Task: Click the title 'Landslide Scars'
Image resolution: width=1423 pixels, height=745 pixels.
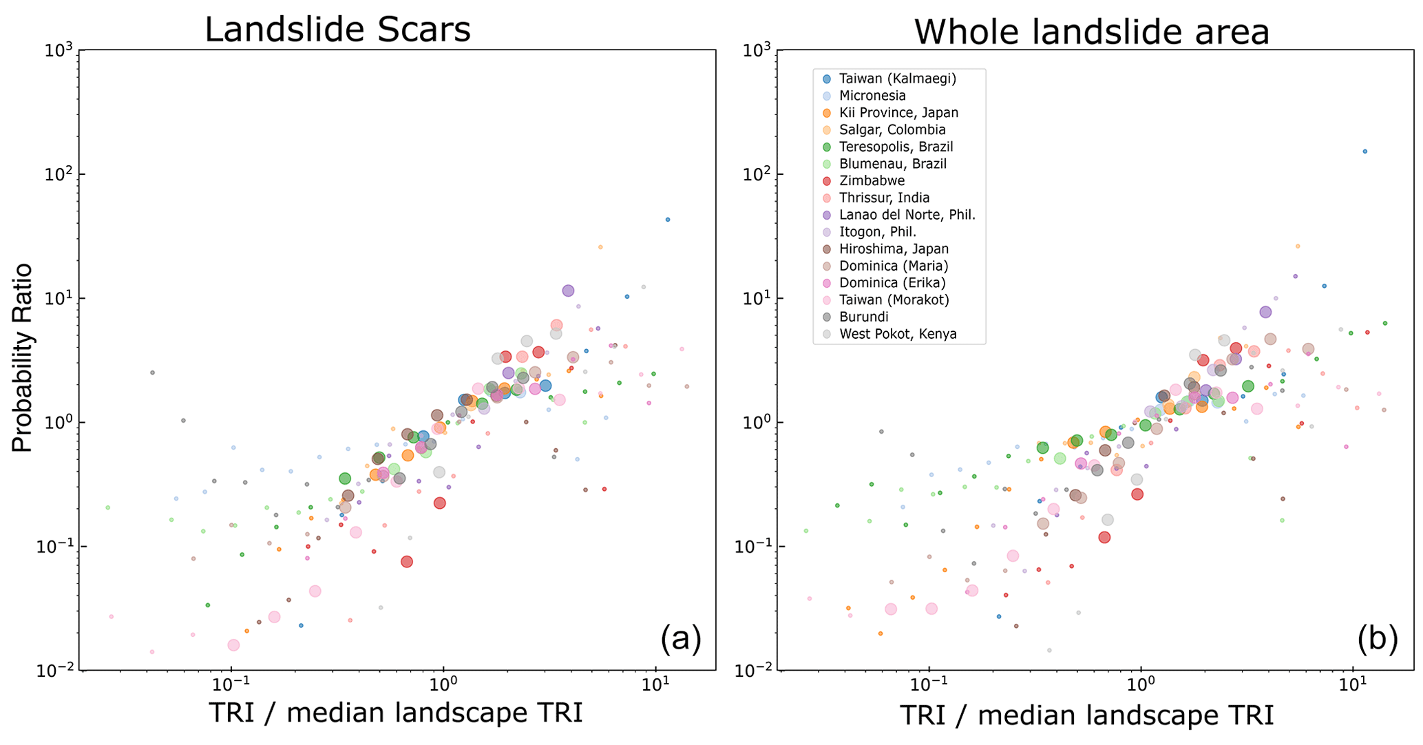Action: click(x=337, y=30)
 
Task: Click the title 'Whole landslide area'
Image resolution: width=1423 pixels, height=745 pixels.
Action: click(x=1091, y=32)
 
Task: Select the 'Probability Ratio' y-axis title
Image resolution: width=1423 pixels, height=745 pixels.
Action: click(x=22, y=357)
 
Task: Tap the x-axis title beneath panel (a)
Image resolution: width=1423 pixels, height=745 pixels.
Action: click(x=395, y=713)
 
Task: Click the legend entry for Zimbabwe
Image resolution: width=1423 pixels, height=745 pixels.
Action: click(x=872, y=181)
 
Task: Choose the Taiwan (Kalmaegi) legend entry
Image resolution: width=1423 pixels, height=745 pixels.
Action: click(x=898, y=78)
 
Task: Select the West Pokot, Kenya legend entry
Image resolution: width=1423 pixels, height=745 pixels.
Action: click(x=898, y=335)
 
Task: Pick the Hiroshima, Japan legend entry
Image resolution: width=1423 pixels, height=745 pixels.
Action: click(x=894, y=249)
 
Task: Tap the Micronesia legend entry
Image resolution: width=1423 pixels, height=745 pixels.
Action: click(x=872, y=96)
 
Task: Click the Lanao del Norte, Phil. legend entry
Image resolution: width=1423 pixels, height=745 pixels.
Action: click(x=907, y=215)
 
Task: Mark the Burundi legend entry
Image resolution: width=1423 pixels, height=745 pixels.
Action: click(x=864, y=317)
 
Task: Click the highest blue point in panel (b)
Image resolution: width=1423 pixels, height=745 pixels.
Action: click(x=1365, y=151)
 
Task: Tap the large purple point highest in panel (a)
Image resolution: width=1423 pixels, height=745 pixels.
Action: click(x=568, y=291)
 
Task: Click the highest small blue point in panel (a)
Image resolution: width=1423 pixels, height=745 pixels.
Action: click(x=668, y=220)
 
